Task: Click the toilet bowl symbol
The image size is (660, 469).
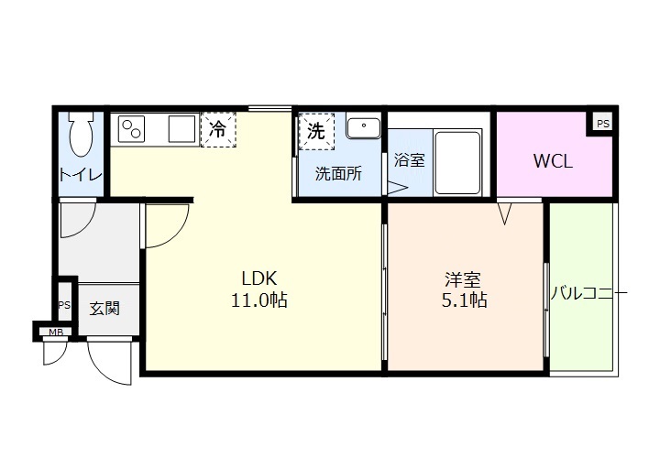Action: (x=82, y=137)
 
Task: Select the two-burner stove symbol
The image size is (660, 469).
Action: (x=131, y=129)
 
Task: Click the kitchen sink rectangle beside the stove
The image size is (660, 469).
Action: (x=181, y=129)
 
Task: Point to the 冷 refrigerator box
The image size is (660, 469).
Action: (x=218, y=129)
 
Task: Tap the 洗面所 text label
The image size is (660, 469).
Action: (x=337, y=174)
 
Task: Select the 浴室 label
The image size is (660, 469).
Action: (x=409, y=160)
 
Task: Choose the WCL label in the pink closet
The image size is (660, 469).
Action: (x=553, y=162)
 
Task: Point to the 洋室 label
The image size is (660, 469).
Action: (x=463, y=278)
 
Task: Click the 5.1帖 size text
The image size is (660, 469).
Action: (x=463, y=300)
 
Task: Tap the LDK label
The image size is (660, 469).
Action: (x=259, y=278)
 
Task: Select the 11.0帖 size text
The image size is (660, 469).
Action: (x=259, y=300)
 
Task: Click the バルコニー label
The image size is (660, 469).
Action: (x=588, y=295)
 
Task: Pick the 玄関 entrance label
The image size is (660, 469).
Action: (x=104, y=309)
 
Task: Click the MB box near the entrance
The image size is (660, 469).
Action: (x=56, y=331)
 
